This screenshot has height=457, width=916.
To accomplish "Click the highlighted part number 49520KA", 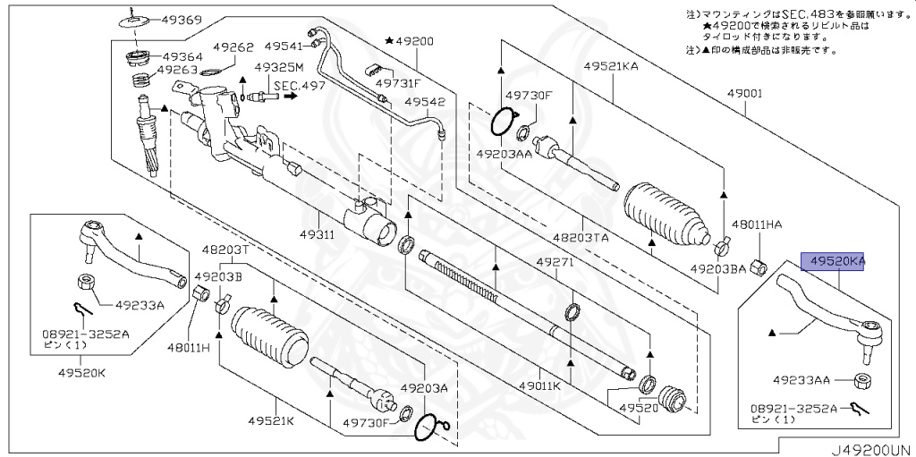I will [x=838, y=261].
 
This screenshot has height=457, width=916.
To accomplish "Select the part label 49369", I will [x=181, y=19].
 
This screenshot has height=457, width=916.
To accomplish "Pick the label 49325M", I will [x=279, y=67].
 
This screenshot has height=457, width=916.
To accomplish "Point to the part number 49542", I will [x=424, y=102].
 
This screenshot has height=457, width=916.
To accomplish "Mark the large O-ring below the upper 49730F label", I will [x=504, y=121].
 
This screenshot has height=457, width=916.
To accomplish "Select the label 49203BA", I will [x=717, y=267].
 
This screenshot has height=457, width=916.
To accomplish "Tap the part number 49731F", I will [x=397, y=83].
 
